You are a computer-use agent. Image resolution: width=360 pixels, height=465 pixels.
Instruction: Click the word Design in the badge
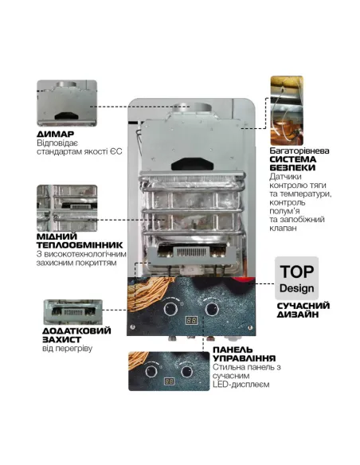(295, 287)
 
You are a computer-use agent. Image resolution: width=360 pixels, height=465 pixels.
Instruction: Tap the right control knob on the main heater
(211, 308)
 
